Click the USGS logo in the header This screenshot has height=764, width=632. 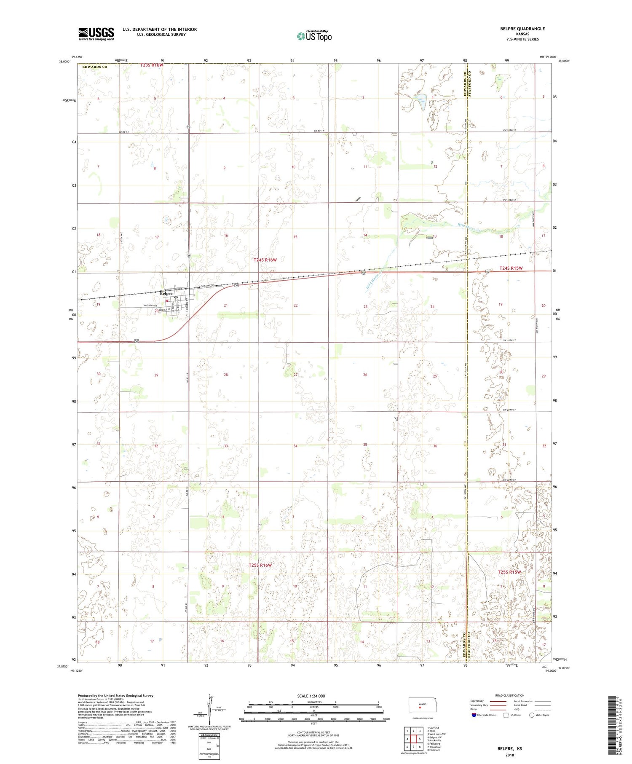pos(96,34)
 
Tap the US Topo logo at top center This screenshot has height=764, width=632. pos(314,36)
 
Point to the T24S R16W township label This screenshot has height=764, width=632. pos(265,260)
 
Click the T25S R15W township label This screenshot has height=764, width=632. pos(509,572)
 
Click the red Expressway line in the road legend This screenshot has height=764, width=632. pos(497,701)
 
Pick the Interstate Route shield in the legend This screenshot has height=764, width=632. pos(474,715)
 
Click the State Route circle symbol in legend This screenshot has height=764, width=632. pos(532,715)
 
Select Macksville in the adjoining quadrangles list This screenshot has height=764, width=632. pos(434,740)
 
